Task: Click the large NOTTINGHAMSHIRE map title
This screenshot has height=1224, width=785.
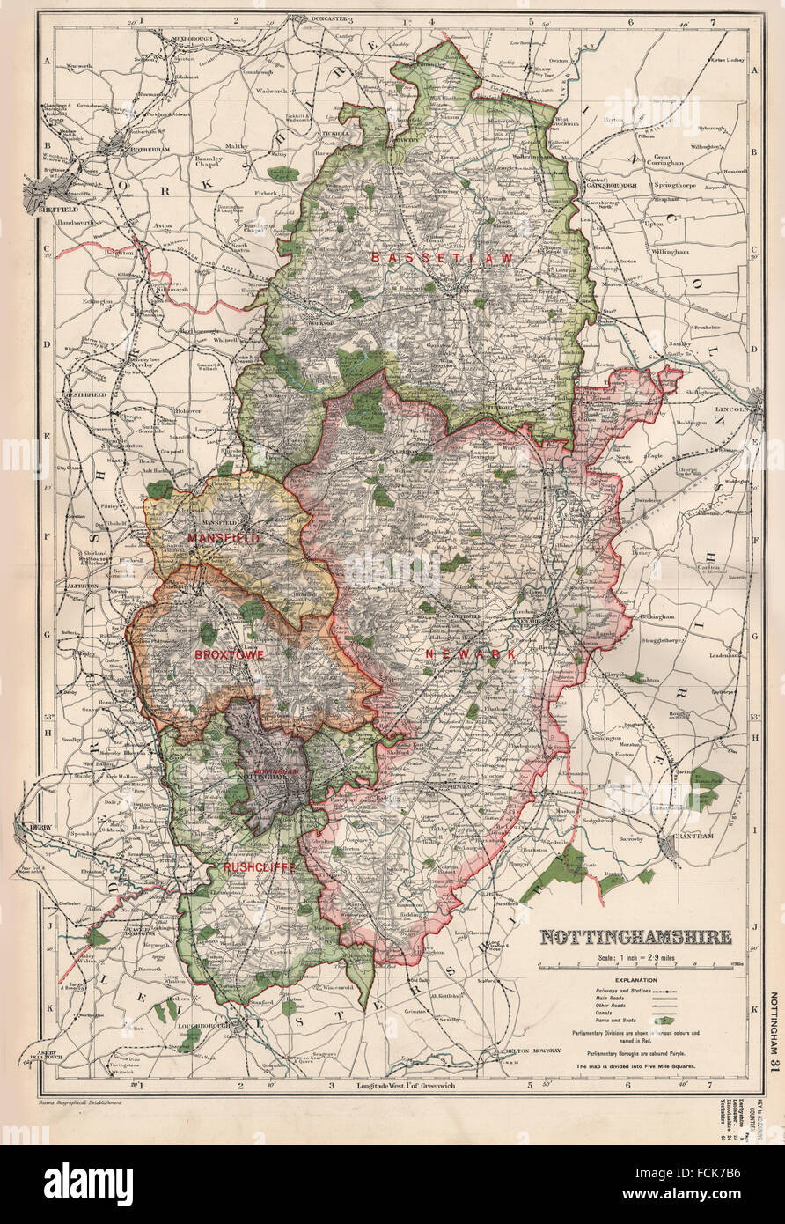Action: (x=635, y=937)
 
